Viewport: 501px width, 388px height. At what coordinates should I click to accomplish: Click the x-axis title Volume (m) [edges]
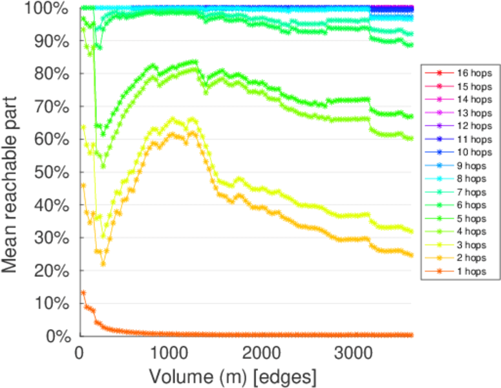(x=233, y=376)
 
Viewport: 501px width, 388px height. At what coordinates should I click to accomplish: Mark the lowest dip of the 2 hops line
(x=103, y=264)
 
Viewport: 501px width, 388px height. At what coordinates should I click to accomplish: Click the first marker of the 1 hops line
(x=83, y=292)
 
